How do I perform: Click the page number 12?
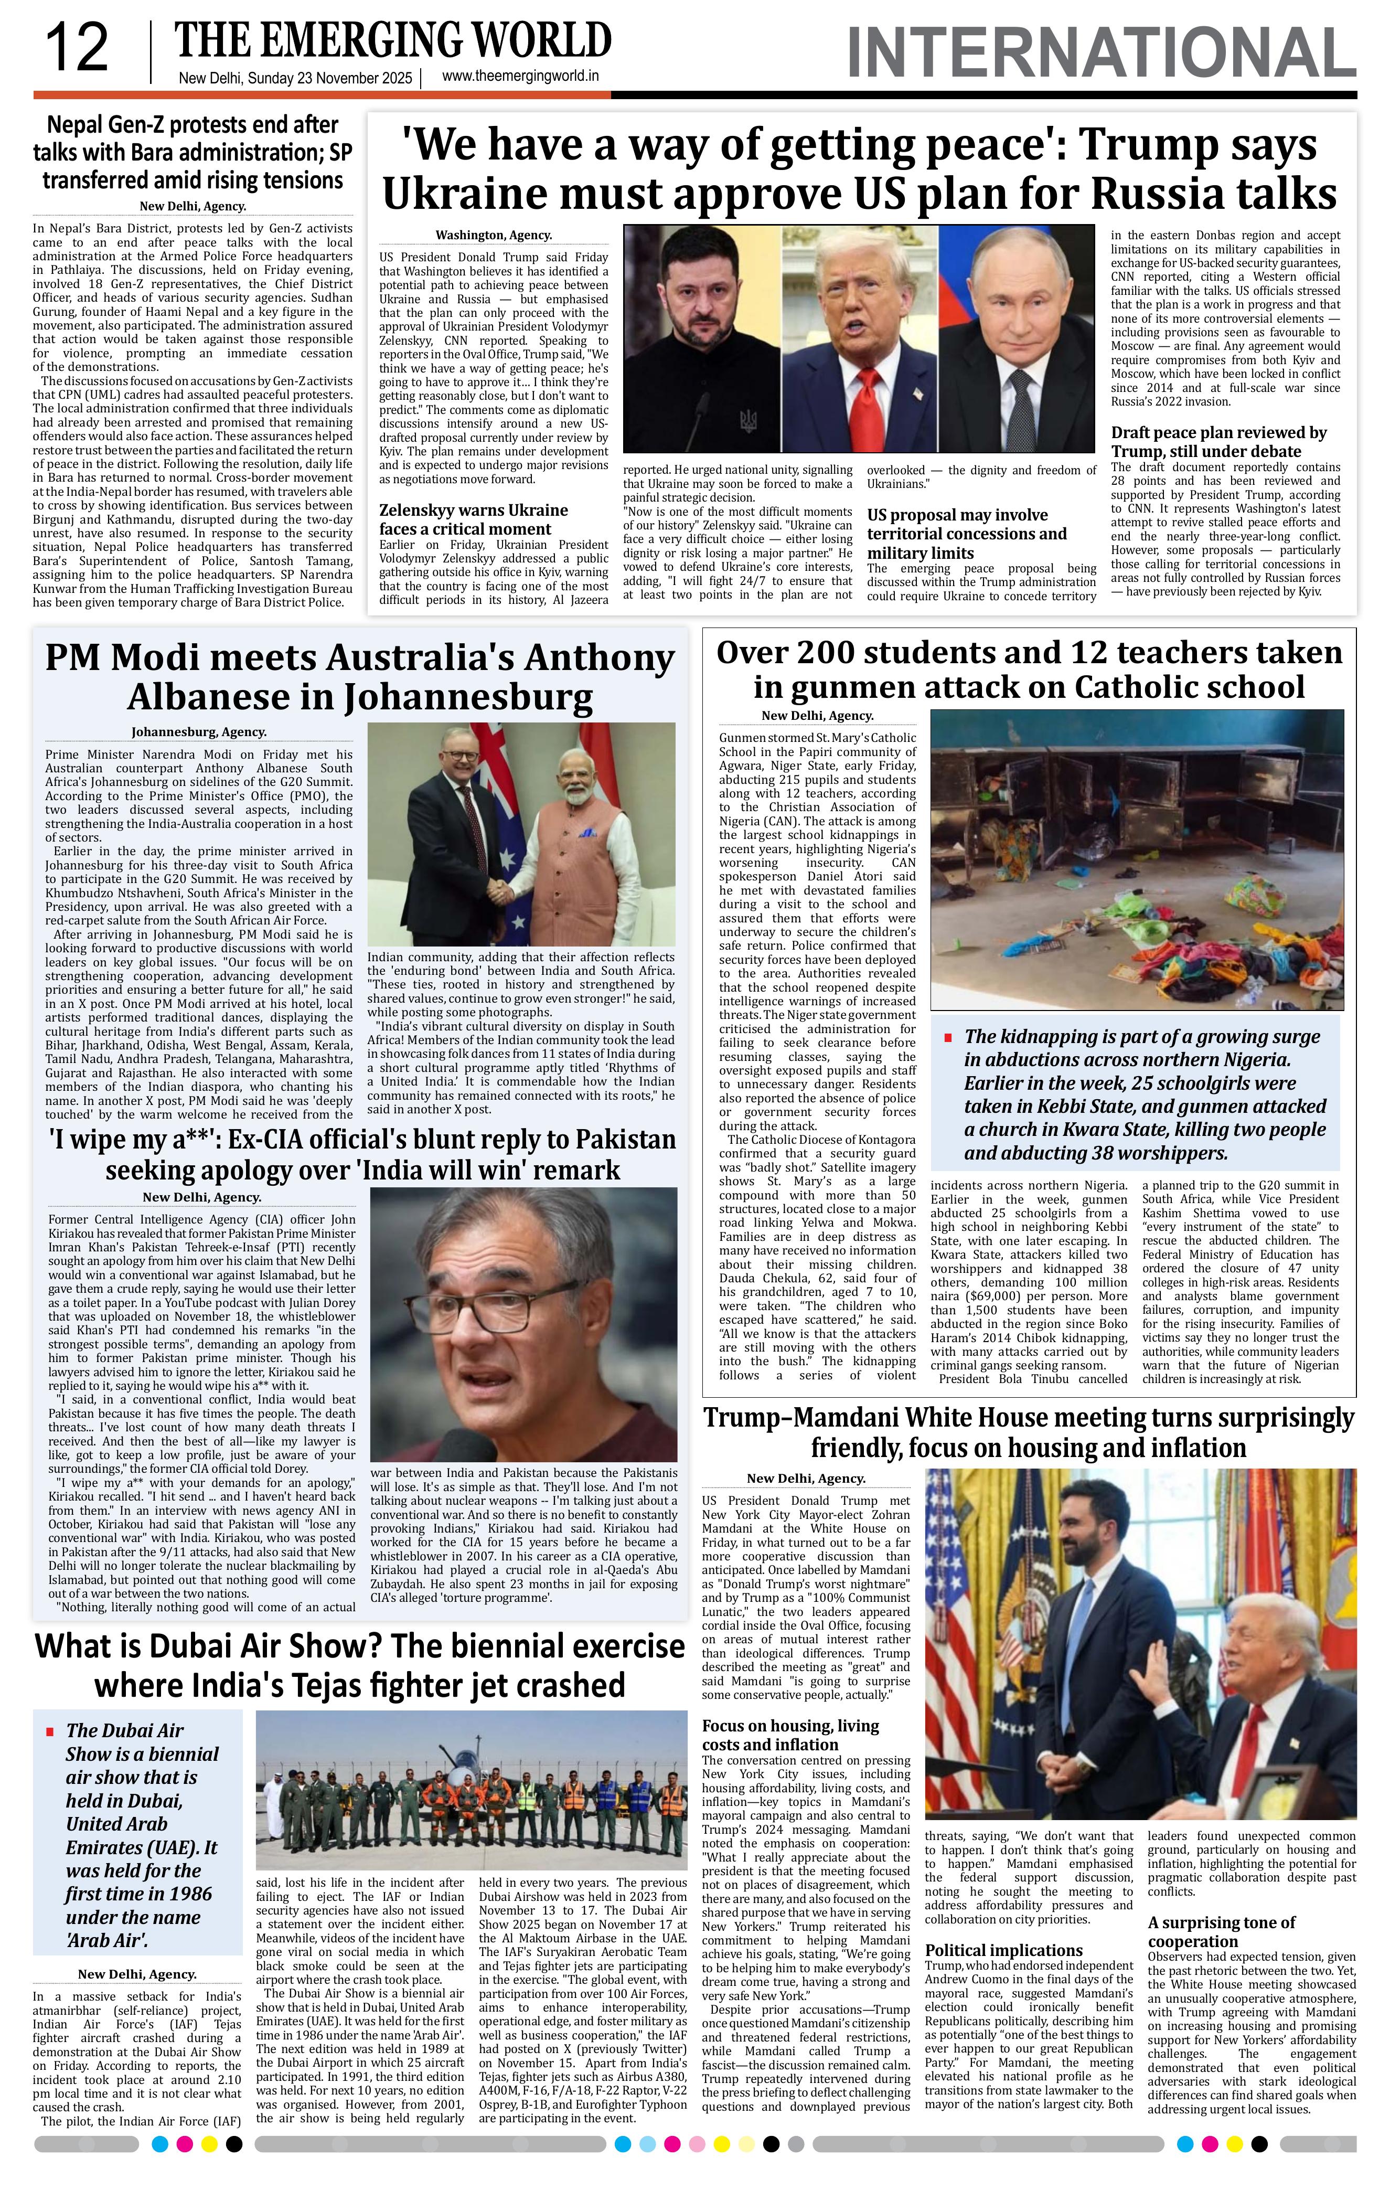pos(77,49)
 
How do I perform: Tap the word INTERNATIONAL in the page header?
pos(1100,53)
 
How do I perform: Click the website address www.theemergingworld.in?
pos(520,77)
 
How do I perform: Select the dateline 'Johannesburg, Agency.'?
pos(199,731)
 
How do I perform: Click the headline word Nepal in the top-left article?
pos(77,124)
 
